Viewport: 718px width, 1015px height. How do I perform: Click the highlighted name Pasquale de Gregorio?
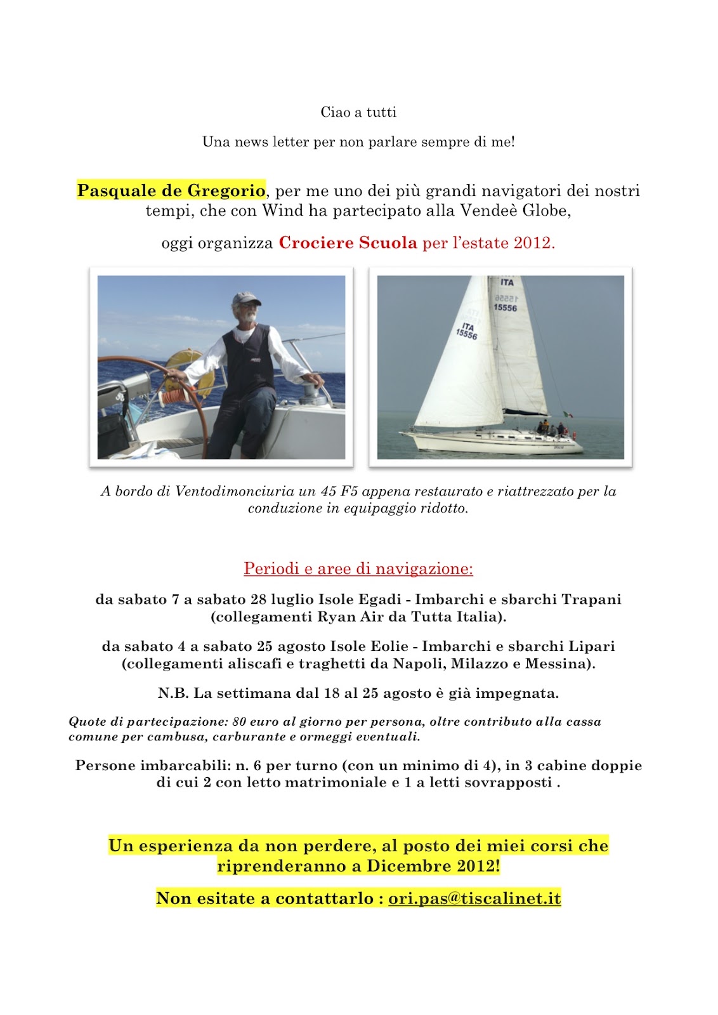pos(171,190)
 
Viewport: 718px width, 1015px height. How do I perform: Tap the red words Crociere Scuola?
pos(348,243)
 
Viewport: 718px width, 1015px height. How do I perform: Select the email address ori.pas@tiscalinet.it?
pos(474,898)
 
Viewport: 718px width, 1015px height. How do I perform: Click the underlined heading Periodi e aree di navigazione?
pos(358,568)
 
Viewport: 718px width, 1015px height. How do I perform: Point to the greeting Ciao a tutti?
pos(358,112)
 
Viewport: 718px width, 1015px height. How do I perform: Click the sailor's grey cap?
pos(246,299)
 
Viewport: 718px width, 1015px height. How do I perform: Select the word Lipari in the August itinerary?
pos(591,646)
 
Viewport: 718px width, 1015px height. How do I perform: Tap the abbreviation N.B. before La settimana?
pos(173,693)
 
